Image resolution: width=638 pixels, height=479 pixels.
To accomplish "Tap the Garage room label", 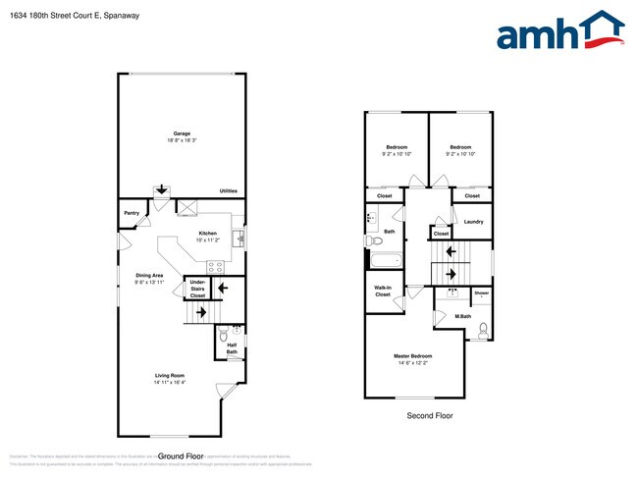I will [182, 133].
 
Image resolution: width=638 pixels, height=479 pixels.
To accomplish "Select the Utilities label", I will [228, 190].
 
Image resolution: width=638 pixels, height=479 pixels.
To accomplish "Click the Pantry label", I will [131, 212].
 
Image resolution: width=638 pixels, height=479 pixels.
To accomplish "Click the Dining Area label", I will [149, 275].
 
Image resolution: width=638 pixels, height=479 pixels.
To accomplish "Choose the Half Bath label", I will [232, 347].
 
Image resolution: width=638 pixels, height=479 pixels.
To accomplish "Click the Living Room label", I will [170, 375].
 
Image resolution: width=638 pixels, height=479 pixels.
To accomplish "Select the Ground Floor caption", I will [180, 456].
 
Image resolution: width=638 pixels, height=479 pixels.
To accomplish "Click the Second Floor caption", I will [430, 416].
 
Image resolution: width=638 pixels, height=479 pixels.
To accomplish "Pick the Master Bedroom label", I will [412, 355].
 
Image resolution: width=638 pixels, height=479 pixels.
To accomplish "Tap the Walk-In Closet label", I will [383, 292].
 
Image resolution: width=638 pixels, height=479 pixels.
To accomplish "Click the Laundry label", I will [473, 222].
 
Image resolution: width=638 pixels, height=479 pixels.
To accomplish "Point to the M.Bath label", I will [464, 315].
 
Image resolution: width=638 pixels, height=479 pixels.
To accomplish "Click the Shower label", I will [482, 293].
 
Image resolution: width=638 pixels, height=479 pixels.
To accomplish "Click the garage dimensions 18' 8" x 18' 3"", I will [182, 141].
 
